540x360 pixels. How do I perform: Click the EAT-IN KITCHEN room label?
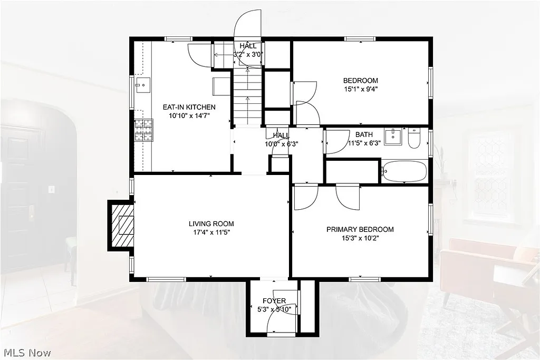tap(189, 107)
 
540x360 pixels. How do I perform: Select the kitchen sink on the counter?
tap(142, 84)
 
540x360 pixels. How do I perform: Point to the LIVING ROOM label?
tap(212, 223)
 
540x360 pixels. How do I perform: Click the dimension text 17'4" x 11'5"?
tap(212, 232)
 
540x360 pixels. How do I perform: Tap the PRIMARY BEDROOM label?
tap(360, 229)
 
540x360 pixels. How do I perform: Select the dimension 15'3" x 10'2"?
tap(360, 238)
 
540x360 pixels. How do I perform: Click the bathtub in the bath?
tap(405, 171)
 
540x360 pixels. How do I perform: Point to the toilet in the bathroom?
tap(414, 138)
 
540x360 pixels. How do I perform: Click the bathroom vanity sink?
tap(393, 137)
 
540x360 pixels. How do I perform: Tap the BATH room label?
tap(364, 134)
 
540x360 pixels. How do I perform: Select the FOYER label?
tap(274, 301)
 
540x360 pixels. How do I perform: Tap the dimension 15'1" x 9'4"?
tap(361, 89)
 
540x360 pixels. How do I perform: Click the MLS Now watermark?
tap(26, 352)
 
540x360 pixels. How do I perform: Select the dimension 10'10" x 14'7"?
tap(189, 115)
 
